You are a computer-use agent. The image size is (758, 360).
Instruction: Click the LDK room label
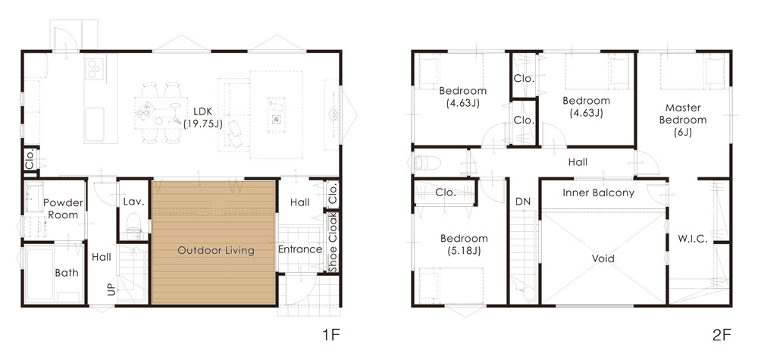tap(203, 117)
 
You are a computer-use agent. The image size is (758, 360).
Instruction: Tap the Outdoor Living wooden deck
tap(214, 243)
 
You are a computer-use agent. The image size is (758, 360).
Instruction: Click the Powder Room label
tap(64, 208)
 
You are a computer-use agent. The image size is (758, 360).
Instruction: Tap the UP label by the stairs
tap(111, 289)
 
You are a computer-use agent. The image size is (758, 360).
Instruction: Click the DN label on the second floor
tap(523, 202)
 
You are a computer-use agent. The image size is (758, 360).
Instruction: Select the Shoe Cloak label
tap(333, 242)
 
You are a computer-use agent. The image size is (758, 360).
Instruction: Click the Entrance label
tap(299, 249)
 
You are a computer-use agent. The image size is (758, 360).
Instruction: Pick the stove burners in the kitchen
tap(96, 68)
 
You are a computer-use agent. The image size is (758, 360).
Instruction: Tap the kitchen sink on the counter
tap(94, 124)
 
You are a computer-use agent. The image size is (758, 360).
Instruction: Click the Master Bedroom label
tap(683, 120)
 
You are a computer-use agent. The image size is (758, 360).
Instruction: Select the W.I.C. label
tap(692, 239)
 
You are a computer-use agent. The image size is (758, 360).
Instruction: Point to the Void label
tap(603, 258)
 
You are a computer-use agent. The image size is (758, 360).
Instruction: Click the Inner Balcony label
tap(599, 193)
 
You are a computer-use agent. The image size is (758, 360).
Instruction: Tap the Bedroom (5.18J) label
tap(464, 245)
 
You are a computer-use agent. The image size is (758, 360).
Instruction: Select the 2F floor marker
tap(722, 335)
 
